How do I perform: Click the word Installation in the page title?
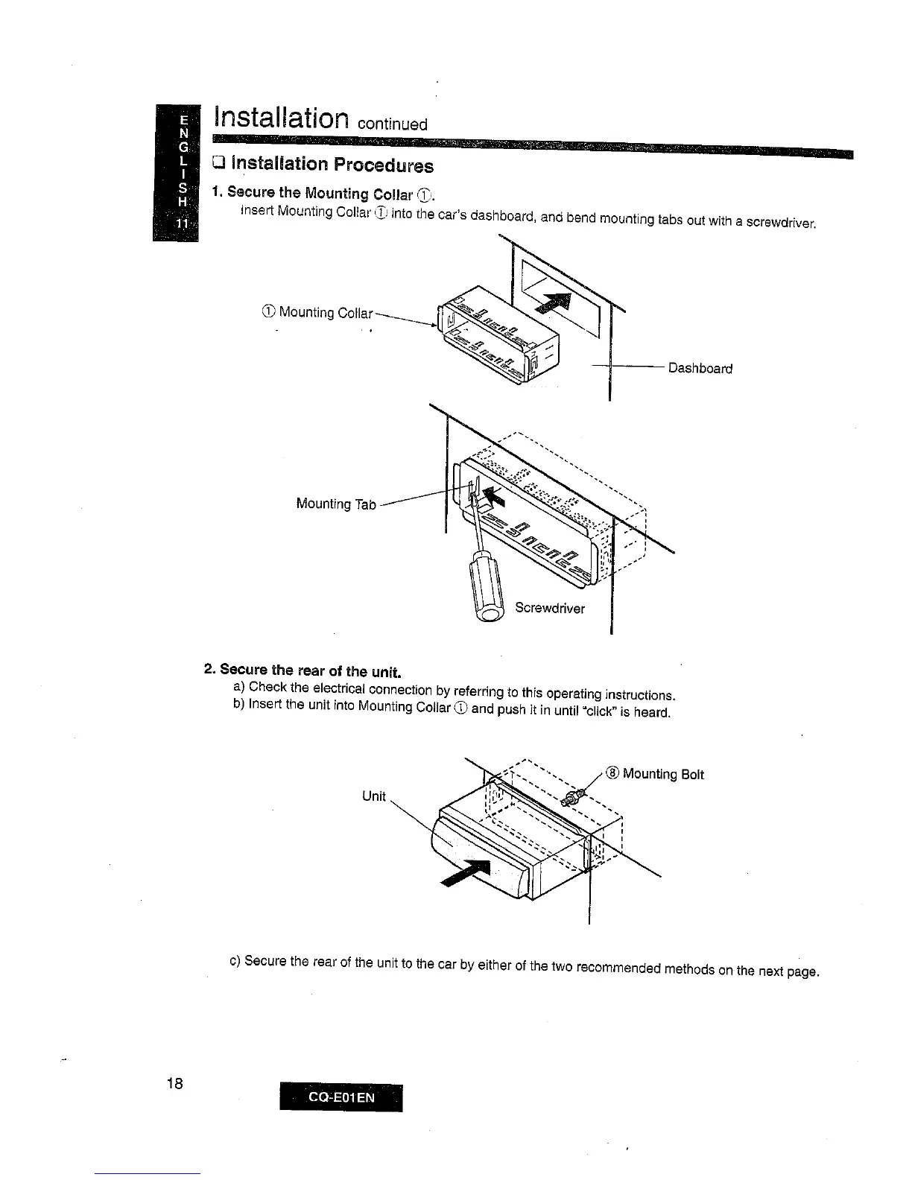281,118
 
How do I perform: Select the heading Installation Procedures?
329,164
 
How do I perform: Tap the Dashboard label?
700,368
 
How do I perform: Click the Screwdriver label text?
550,608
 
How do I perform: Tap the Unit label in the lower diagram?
373,796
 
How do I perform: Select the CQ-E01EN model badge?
340,1097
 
